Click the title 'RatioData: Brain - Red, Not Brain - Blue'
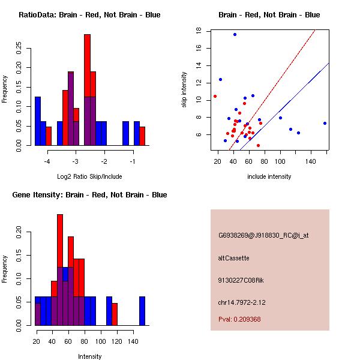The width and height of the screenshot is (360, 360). click(x=89, y=15)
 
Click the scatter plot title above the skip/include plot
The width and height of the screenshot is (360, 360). click(x=269, y=15)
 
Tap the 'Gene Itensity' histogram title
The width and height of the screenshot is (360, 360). click(x=89, y=195)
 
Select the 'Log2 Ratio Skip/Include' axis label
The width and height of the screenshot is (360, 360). click(x=89, y=176)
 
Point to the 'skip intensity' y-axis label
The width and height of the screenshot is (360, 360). click(x=184, y=89)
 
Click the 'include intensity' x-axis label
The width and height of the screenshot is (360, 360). click(x=269, y=176)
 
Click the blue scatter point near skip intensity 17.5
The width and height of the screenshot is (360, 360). click(x=235, y=34)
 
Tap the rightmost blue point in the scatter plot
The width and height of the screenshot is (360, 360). click(x=325, y=123)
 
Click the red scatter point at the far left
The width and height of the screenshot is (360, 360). click(x=215, y=96)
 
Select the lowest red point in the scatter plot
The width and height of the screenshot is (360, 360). click(x=258, y=145)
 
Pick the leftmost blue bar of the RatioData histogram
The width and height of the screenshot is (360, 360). click(x=37, y=121)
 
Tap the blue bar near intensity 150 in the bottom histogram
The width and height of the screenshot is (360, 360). click(x=142, y=311)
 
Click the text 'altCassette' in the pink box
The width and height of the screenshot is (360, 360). click(x=233, y=258)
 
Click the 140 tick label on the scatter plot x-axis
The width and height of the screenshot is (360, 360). click(x=310, y=161)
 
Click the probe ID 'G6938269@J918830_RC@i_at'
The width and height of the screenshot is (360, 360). click(x=263, y=236)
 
